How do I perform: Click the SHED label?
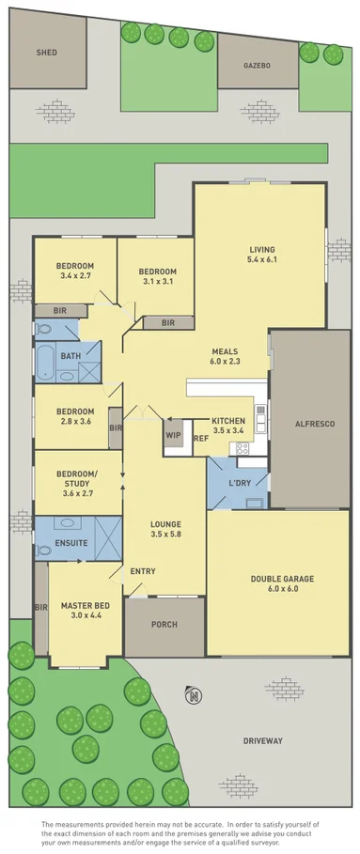pos(47,53)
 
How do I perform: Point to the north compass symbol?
pos(193,696)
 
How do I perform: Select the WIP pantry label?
pos(173,435)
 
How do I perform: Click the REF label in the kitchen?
pos(200,439)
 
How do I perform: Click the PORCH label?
pos(164,625)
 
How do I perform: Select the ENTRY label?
pos(143,571)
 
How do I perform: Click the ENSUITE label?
pos(58,543)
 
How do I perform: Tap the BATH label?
pos(70,356)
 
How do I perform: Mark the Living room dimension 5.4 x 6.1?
pos(261,259)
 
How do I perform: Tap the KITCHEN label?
pos(228,420)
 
